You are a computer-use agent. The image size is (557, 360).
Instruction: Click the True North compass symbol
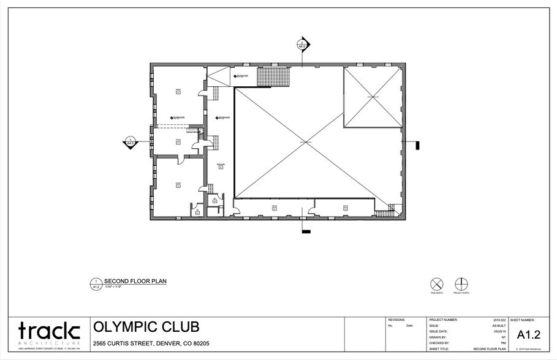point(436,284)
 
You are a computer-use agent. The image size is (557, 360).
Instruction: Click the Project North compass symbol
point(461,284)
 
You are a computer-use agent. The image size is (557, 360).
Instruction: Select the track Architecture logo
point(49,331)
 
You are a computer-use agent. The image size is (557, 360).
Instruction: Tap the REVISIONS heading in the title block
point(397,320)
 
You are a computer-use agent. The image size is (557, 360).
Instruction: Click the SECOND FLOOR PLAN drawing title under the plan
point(135,282)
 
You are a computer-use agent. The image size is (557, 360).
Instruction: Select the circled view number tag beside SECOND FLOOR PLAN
point(96,283)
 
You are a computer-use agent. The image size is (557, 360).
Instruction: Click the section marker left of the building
point(131,141)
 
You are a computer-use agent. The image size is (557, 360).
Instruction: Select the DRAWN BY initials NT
point(504,337)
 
